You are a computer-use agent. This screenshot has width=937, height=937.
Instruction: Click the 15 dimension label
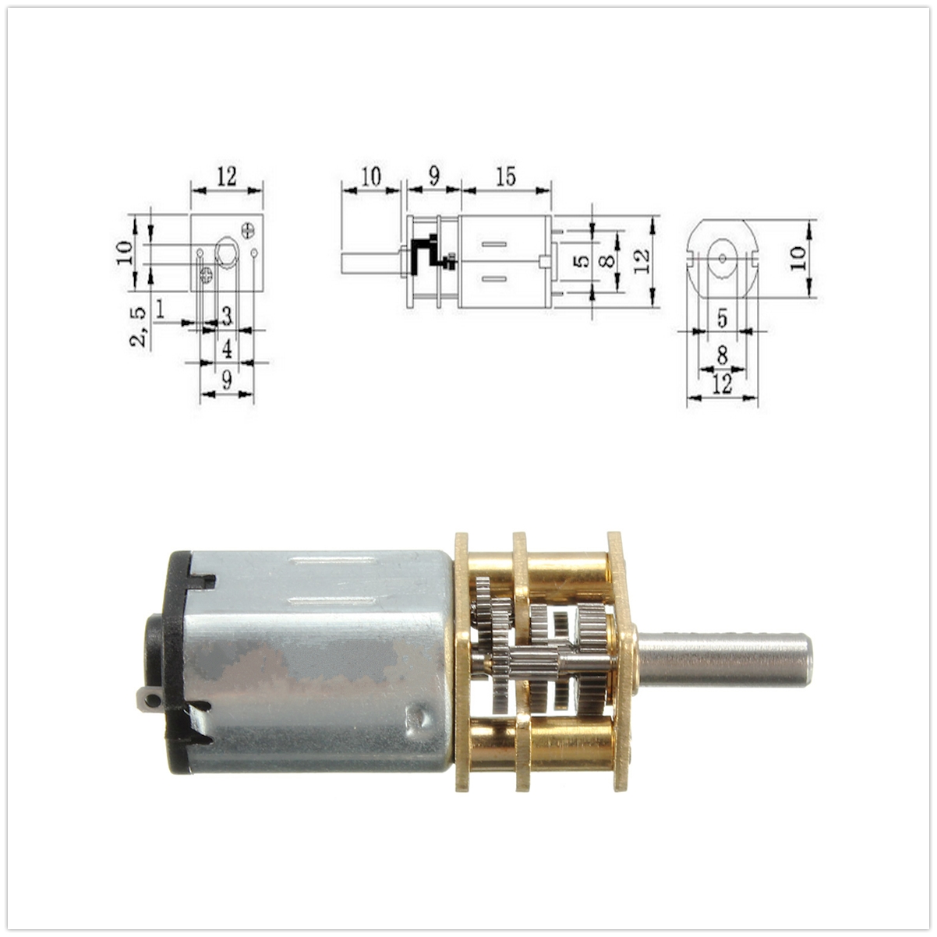tap(506, 177)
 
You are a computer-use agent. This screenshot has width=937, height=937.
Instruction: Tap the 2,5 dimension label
tap(139, 326)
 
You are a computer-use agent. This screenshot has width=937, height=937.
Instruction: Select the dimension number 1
tap(159, 309)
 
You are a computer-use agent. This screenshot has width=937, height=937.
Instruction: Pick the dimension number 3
tap(227, 316)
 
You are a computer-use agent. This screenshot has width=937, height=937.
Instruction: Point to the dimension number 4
tap(227, 348)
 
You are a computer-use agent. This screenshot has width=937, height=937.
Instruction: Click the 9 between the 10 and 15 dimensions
tap(434, 177)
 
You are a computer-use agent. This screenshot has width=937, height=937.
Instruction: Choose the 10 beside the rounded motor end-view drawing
tap(798, 258)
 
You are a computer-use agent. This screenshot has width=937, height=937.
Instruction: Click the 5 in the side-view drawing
tap(582, 261)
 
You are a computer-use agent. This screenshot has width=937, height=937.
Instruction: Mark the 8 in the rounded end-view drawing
tap(722, 354)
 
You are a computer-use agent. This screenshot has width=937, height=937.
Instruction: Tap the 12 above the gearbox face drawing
tap(227, 177)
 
